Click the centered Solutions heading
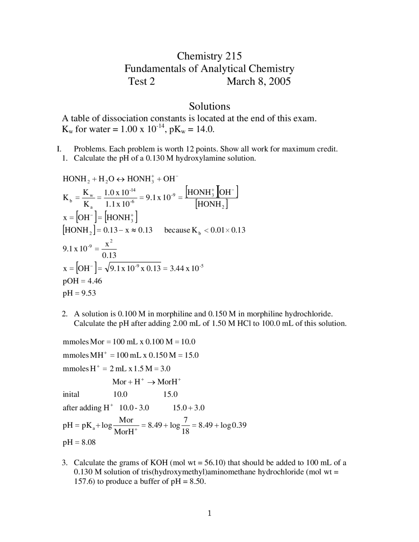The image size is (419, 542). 209,106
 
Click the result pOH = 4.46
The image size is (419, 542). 82,281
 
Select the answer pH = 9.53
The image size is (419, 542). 79,293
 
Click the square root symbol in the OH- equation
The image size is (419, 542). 107,268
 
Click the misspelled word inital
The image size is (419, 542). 71,394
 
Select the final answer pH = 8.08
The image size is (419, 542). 79,443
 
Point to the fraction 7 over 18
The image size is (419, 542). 185,425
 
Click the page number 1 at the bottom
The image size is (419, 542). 209,513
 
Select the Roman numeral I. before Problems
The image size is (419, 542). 59,149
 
